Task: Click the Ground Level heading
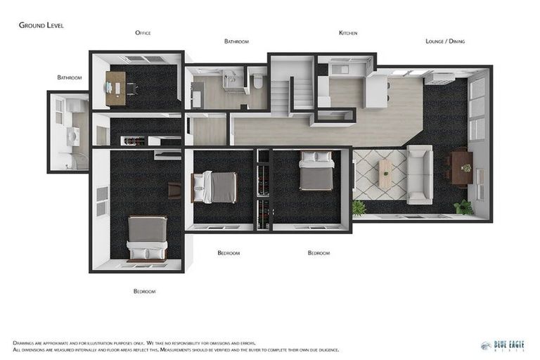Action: coord(41,25)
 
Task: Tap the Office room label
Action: coord(143,33)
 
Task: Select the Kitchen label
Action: coord(348,33)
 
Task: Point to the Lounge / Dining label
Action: coord(445,41)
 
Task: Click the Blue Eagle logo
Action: coord(502,345)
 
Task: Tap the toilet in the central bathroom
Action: coord(258,82)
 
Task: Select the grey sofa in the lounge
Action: coord(420,174)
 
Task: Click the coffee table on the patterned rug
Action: coord(385,174)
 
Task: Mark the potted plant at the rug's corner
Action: coord(359,207)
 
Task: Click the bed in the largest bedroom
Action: coord(147,238)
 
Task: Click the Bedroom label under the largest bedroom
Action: coord(144,291)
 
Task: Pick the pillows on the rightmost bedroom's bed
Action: coord(316,158)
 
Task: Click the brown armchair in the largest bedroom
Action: coord(174,190)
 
